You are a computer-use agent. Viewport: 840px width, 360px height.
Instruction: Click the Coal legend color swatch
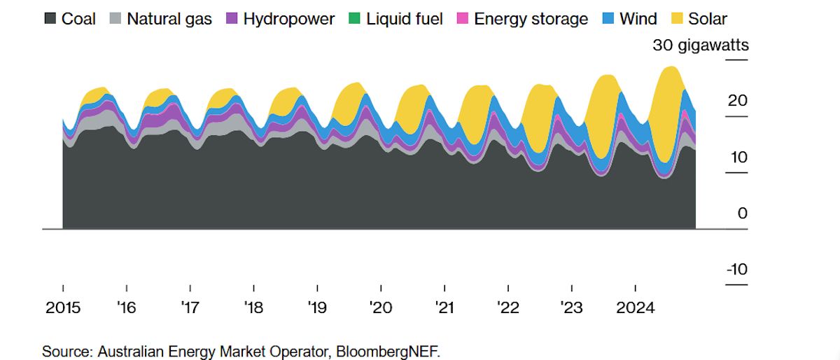click(x=50, y=19)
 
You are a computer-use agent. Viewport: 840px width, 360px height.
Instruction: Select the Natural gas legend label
click(x=169, y=19)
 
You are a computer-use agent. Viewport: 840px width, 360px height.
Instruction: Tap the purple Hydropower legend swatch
click(x=232, y=19)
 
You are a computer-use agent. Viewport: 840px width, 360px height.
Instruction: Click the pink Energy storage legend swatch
click(x=461, y=19)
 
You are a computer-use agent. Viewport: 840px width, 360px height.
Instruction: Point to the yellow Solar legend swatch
click(x=678, y=19)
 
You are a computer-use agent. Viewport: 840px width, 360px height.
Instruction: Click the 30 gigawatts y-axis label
click(x=700, y=46)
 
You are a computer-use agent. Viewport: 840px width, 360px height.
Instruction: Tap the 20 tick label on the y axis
click(x=738, y=101)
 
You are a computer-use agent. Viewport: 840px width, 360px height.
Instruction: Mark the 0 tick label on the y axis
click(x=743, y=214)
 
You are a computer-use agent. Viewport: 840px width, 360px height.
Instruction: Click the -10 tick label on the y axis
click(x=736, y=270)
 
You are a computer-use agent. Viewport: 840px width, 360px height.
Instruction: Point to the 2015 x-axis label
click(x=63, y=308)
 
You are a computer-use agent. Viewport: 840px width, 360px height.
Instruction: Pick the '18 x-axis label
click(x=253, y=308)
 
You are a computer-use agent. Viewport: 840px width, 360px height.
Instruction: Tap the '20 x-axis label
click(x=381, y=308)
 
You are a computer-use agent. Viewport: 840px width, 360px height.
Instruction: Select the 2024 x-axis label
click(x=635, y=308)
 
